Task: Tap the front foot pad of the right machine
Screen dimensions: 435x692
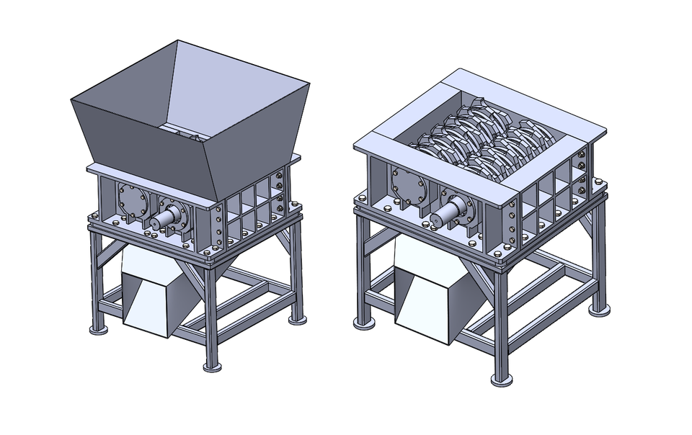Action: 502,380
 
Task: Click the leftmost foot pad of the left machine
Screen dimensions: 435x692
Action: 97,329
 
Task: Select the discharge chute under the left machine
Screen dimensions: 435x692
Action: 155,295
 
